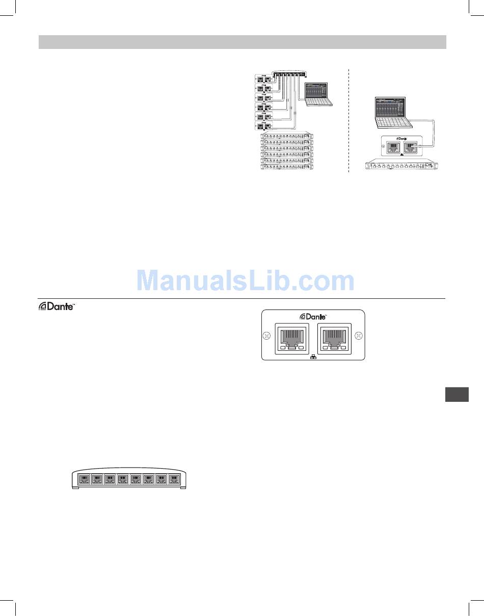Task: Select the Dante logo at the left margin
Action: pos(57,307)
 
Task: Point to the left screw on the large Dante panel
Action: pos(265,337)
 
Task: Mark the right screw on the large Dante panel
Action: pos(359,337)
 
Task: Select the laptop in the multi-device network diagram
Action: pos(319,94)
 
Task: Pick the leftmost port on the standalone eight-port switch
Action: pos(85,479)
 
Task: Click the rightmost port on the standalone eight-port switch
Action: pos(174,479)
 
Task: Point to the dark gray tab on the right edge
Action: pos(456,395)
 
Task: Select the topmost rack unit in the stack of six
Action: pos(287,136)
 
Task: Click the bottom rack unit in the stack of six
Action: pos(287,167)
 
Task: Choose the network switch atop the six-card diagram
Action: pos(290,74)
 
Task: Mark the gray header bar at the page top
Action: pos(243,42)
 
